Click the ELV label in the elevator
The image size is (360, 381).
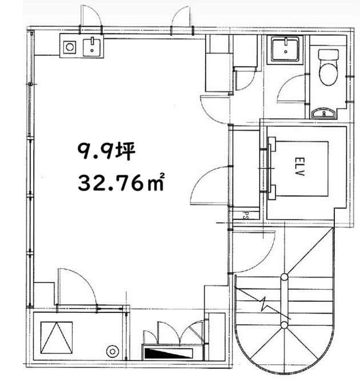(x=300, y=167)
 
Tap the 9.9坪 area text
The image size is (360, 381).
(x=106, y=151)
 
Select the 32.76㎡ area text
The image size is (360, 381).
(x=121, y=182)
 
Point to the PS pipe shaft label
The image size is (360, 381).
(x=246, y=215)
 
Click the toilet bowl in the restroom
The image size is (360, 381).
(x=329, y=74)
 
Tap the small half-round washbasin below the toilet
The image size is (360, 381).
(x=323, y=114)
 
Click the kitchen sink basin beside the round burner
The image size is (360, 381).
(x=91, y=47)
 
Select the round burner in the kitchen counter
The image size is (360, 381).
(x=70, y=47)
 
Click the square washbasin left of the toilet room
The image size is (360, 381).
(x=285, y=50)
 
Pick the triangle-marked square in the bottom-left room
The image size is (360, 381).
(x=57, y=338)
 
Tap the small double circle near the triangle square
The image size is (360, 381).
(x=112, y=351)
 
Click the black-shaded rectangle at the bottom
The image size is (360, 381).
(x=169, y=354)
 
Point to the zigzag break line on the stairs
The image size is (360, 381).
(x=263, y=303)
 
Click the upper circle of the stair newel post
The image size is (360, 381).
(x=284, y=277)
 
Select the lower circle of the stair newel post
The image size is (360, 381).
(x=284, y=325)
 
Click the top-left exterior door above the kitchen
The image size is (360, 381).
(x=90, y=15)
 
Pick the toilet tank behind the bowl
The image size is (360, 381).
(x=329, y=55)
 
